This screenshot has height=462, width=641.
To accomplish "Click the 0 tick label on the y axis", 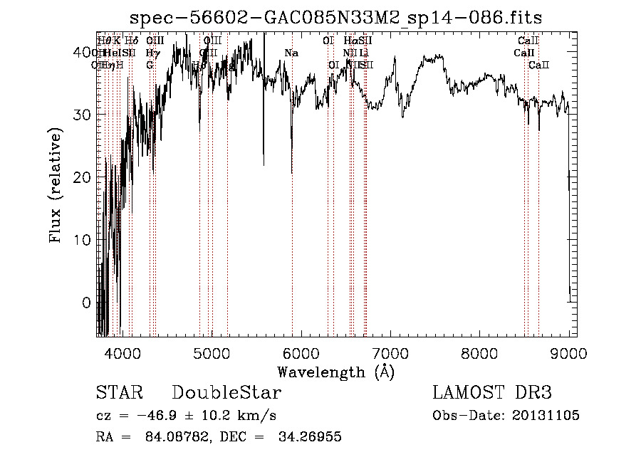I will tap(87, 303).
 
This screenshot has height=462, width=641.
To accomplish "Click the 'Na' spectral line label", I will tap(291, 53).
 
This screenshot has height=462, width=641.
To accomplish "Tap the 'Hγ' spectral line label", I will tap(152, 53).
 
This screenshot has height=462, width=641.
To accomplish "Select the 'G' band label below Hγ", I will tap(150, 65).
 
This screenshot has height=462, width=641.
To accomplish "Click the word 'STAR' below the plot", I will tap(120, 393).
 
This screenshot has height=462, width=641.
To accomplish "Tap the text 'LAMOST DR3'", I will tap(492, 393).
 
